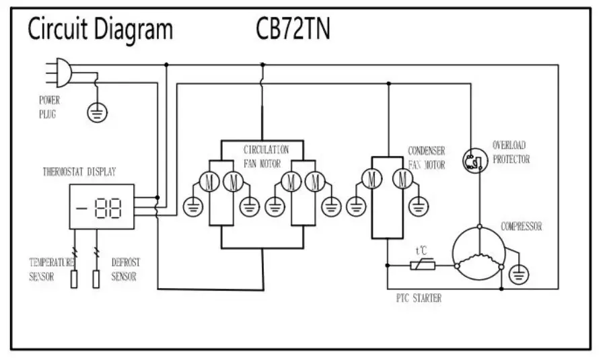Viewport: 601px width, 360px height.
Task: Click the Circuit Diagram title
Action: pyautogui.click(x=100, y=30)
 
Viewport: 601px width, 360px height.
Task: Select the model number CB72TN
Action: pyautogui.click(x=293, y=30)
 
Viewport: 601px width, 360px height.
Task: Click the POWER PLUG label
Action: pyautogui.click(x=49, y=107)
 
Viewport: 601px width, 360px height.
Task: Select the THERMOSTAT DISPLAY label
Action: pyautogui.click(x=79, y=172)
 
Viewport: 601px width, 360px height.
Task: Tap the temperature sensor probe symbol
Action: pyautogui.click(x=73, y=279)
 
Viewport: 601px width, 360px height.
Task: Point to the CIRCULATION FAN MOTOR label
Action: pyautogui.click(x=266, y=155)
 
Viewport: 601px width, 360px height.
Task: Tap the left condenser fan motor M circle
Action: pyautogui.click(x=371, y=178)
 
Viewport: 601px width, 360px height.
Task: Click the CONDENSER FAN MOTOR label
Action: pyautogui.click(x=426, y=157)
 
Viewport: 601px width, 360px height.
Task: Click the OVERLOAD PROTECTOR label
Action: pyautogui.click(x=511, y=152)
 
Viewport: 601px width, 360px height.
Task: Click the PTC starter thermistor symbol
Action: pyautogui.click(x=422, y=266)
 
